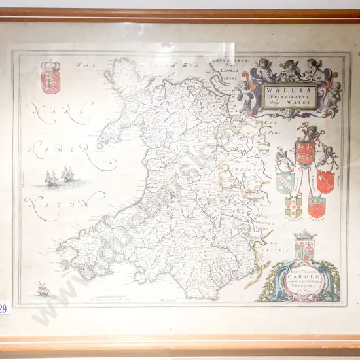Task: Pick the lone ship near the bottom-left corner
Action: (x=44, y=289)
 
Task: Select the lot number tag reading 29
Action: (x=4, y=308)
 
